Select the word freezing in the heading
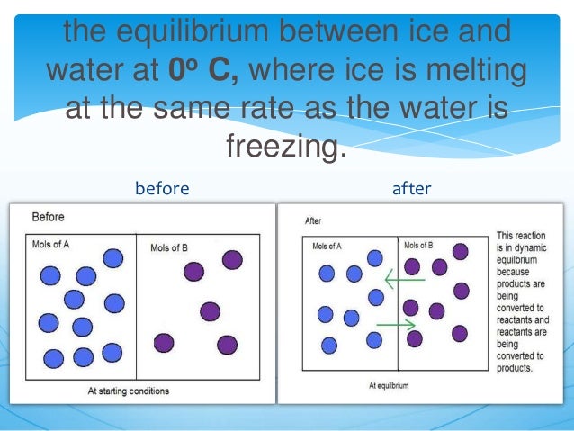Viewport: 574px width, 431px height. click(x=285, y=145)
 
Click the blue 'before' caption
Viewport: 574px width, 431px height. click(x=162, y=189)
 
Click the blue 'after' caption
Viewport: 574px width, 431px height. click(x=411, y=189)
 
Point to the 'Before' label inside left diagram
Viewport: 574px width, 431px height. click(x=48, y=217)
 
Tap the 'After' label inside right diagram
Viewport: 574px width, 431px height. click(x=313, y=220)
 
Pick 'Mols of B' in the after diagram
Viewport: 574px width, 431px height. click(x=418, y=246)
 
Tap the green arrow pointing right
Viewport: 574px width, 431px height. click(x=397, y=323)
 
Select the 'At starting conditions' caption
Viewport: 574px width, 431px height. click(x=128, y=391)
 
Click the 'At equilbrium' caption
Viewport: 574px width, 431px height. click(x=389, y=385)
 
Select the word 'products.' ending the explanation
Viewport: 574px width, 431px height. click(x=515, y=368)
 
